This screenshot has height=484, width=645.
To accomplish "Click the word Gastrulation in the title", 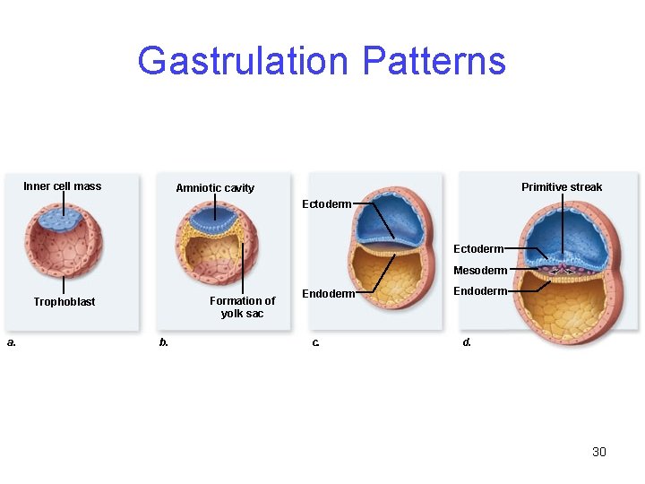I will tap(245, 61).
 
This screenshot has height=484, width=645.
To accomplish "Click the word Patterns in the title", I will tap(434, 61).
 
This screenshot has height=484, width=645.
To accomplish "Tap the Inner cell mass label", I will tap(63, 186).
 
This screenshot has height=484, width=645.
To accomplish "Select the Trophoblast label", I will tap(64, 302).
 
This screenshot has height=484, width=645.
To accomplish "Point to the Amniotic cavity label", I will tap(215, 188).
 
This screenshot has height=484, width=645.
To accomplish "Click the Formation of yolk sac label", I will tap(242, 307).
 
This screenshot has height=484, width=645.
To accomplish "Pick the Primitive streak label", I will tap(562, 187).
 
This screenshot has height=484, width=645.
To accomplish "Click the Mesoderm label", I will tap(480, 271).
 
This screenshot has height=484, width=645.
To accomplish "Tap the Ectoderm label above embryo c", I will tap(327, 204).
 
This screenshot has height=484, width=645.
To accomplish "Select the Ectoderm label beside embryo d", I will tap(478, 248).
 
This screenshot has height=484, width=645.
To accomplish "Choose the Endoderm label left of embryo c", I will tap(327, 293).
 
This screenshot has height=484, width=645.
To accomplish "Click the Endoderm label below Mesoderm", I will tap(480, 291).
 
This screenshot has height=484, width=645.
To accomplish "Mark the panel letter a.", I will tap(11, 341).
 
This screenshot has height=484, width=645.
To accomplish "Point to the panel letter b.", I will tap(163, 341).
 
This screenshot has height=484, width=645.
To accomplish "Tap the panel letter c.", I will tap(315, 341).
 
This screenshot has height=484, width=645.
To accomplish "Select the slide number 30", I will tap(599, 452).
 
